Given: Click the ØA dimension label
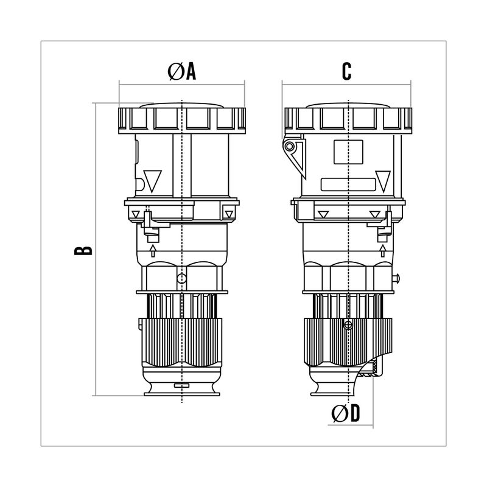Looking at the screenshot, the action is (181, 71).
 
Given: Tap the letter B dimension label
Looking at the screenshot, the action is (83, 251).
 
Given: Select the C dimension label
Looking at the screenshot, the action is (346, 71).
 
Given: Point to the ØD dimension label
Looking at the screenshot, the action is (345, 413).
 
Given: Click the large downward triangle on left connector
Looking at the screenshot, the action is (153, 180).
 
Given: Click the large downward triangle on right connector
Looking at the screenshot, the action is (383, 181).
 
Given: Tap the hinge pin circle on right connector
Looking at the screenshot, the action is (290, 146).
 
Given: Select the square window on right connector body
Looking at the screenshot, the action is (348, 152).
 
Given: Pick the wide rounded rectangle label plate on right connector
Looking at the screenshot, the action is (348, 184).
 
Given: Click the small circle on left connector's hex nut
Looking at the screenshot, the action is (181, 279).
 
